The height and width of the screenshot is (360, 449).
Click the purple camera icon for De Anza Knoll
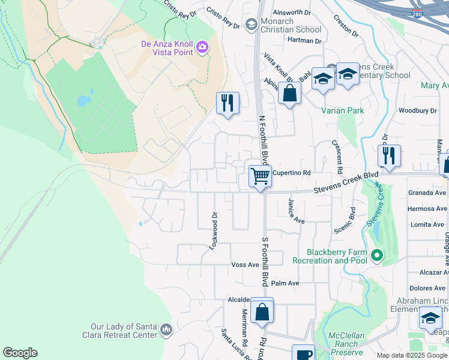point(203,47)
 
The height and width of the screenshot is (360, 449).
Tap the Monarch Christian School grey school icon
point(251,24)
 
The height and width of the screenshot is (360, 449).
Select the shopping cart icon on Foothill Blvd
point(260,176)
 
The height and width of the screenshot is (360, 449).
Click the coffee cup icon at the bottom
point(303,354)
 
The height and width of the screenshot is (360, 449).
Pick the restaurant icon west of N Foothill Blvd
point(228,103)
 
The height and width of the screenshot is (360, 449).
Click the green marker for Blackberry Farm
point(376,256)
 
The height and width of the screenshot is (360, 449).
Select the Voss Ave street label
point(245,265)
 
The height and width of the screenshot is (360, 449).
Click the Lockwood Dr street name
point(212,230)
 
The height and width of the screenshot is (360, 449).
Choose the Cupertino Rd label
point(291,173)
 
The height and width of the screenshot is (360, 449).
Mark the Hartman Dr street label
point(304,41)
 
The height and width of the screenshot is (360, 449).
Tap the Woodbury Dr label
point(417,110)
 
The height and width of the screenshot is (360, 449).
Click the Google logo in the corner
point(20,353)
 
